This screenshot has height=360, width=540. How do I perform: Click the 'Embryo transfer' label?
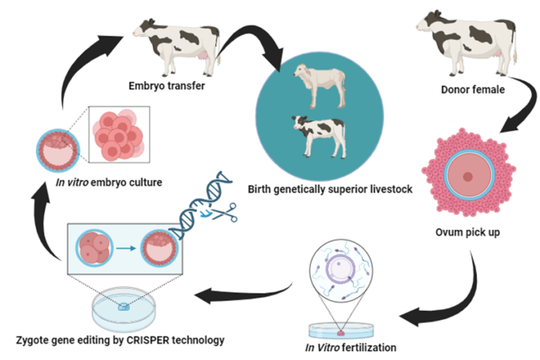(x=167, y=86)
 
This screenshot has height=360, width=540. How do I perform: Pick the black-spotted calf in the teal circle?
(x=320, y=135)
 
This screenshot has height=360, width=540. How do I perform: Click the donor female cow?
(x=467, y=41)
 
